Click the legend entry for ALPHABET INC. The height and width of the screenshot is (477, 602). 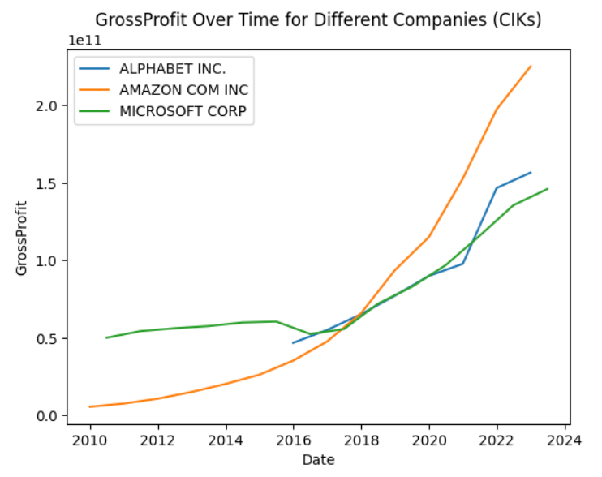161,68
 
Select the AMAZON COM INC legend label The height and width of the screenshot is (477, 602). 183,90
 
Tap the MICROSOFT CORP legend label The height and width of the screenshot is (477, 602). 186,112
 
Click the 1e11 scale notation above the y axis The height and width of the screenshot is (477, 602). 84,40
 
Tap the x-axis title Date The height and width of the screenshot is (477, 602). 318,460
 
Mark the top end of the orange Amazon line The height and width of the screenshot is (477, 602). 531,67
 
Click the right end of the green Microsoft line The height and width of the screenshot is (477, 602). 548,189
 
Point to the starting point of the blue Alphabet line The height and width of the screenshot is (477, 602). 293,343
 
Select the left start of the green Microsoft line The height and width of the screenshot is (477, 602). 106,337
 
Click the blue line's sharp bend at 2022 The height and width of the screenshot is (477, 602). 497,188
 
